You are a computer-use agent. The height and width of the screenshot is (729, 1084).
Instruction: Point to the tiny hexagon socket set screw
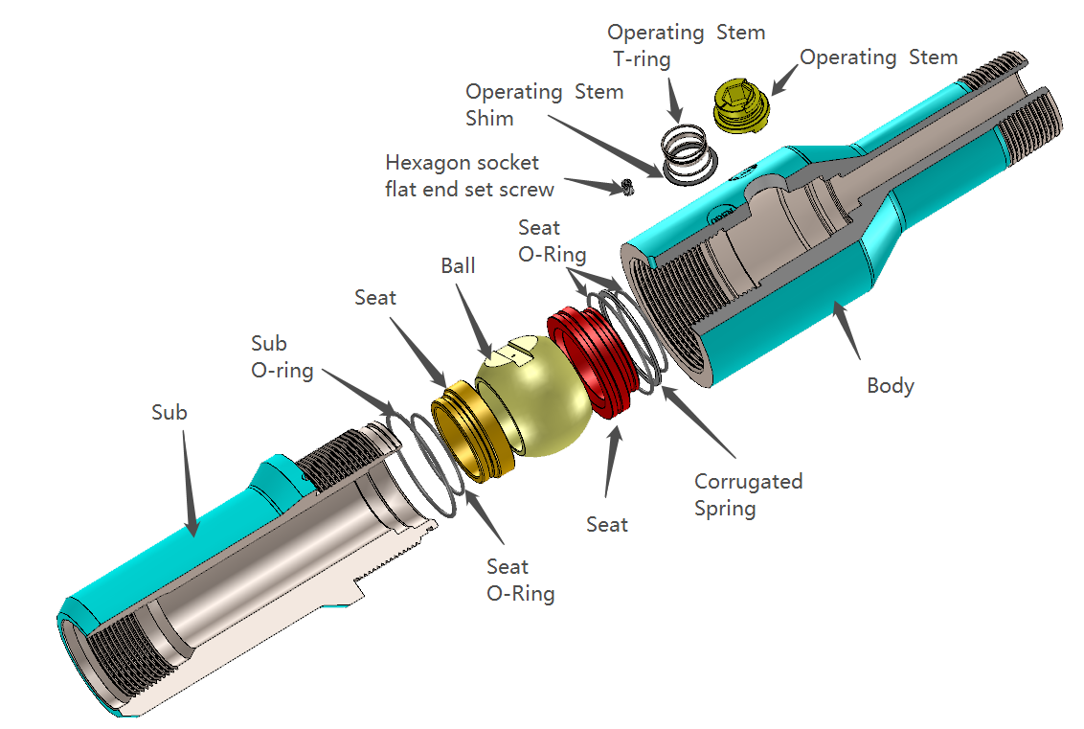click(x=627, y=188)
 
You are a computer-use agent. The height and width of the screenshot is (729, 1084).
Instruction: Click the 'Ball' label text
click(x=458, y=265)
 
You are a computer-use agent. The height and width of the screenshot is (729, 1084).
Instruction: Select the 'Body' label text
click(x=890, y=386)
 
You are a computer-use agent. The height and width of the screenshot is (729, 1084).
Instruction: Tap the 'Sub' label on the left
click(x=169, y=413)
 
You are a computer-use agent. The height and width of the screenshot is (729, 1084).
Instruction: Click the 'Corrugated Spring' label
click(x=748, y=494)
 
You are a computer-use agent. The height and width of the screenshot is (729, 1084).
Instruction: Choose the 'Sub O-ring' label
click(x=282, y=356)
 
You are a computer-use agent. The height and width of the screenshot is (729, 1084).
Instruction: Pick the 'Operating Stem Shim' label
click(x=544, y=105)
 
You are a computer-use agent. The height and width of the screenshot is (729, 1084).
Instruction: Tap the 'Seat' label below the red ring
click(x=607, y=524)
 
